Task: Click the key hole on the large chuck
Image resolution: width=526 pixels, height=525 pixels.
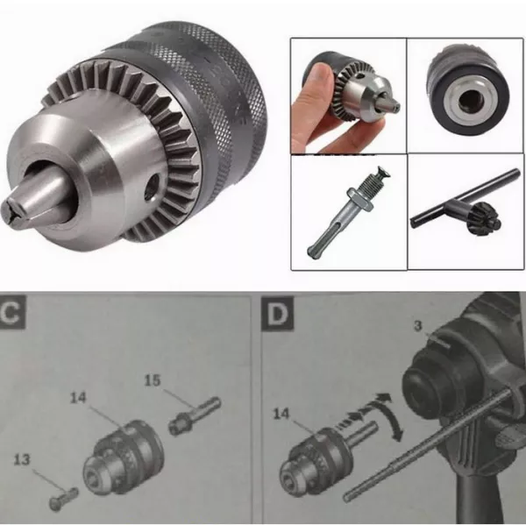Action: (x=153, y=186)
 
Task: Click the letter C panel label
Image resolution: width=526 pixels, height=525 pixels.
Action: (x=12, y=313)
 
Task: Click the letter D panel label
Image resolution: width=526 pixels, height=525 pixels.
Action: (x=277, y=315)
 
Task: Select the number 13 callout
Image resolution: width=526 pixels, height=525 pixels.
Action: (x=22, y=459)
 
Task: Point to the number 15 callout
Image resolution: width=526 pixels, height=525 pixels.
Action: (x=153, y=380)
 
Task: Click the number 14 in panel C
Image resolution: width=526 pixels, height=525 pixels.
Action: (x=78, y=398)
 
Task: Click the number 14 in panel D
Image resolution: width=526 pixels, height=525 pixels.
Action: (x=281, y=414)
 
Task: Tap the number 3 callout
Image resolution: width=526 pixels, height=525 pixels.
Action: (x=417, y=325)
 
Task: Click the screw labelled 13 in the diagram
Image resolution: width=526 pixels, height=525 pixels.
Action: (x=64, y=497)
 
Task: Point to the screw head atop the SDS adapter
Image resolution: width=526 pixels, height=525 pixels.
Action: (x=383, y=173)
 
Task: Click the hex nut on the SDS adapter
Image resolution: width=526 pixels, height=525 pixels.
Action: (x=360, y=200)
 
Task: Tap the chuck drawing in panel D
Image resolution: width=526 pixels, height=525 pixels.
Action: (x=316, y=460)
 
